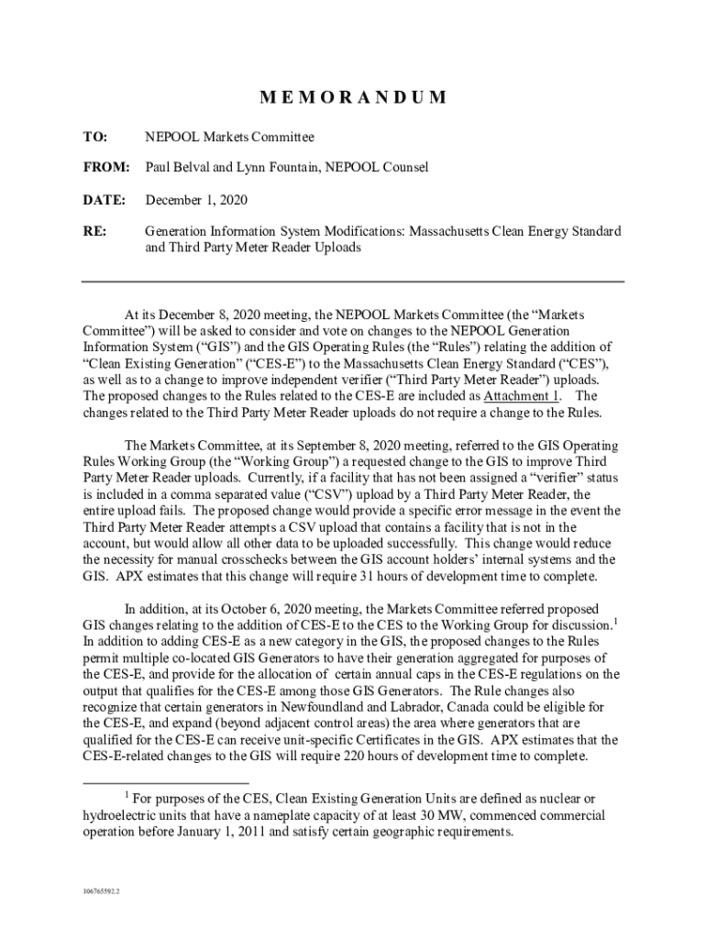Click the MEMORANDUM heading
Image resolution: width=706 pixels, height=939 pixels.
click(x=352, y=97)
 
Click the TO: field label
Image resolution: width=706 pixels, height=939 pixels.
click(x=95, y=137)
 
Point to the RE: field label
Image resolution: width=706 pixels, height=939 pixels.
click(x=94, y=230)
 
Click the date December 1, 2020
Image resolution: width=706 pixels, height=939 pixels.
click(x=196, y=199)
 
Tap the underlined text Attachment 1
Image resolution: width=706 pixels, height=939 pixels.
click(x=521, y=396)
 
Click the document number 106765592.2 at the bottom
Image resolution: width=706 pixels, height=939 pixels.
click(x=102, y=890)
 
